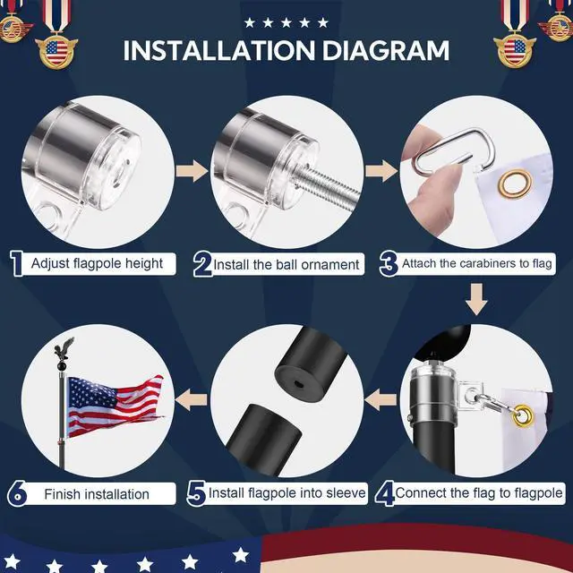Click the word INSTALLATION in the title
214,49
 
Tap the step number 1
15,263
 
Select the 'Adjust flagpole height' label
97,263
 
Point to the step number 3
388,263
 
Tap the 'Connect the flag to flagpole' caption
479,493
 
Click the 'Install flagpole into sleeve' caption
286,493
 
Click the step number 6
17,493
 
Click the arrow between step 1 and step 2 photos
191,171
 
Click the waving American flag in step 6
115,403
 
